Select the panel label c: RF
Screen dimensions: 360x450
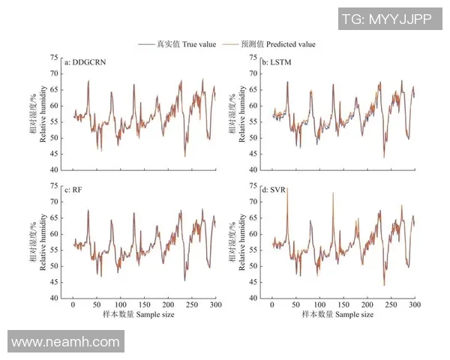[x=76, y=190]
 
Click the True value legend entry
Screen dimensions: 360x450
[x=177, y=44]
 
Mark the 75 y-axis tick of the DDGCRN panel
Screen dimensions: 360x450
[x=53, y=58]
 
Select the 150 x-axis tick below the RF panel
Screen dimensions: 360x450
[x=145, y=305]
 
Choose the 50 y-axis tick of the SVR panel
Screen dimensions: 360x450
[x=252, y=265]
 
